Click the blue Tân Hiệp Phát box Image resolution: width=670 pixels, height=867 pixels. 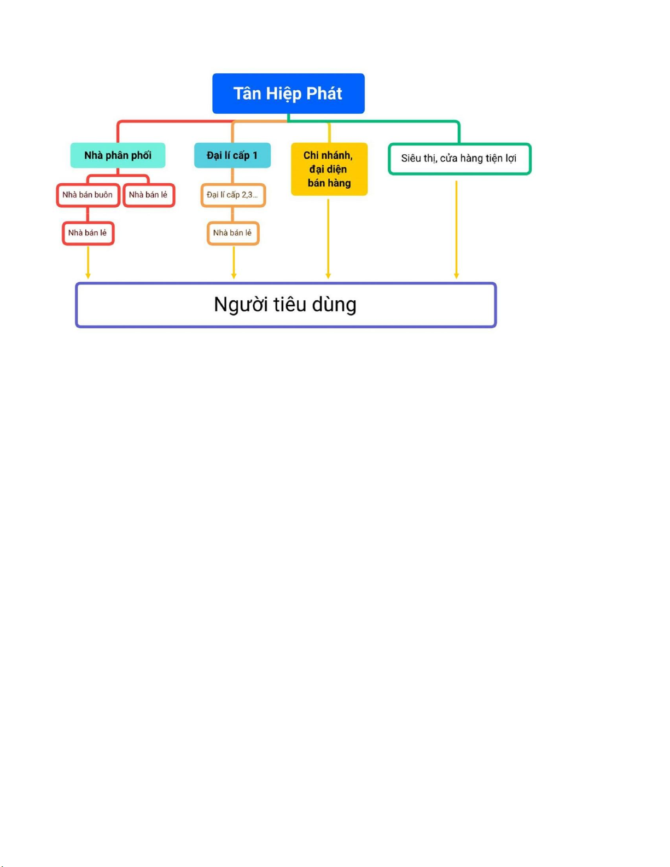(288, 94)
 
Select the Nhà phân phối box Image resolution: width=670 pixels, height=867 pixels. (118, 155)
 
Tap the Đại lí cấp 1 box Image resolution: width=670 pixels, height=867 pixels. (232, 155)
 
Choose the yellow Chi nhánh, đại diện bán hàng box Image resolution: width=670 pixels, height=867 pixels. (329, 169)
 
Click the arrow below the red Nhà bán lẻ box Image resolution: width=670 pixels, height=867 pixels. (88, 263)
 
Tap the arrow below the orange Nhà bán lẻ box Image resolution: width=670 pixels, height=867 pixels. (234, 263)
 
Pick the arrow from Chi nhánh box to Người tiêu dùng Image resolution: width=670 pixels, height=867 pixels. (328, 238)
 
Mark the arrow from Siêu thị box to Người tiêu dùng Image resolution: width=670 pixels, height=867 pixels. (456, 230)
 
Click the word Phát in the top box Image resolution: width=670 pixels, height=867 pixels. (324, 94)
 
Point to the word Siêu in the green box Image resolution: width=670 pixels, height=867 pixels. (410, 159)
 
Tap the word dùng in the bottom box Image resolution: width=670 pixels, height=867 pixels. (334, 305)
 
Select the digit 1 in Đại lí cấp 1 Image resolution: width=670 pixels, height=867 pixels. (255, 155)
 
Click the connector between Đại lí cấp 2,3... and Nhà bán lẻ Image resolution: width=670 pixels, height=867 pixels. (232, 214)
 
